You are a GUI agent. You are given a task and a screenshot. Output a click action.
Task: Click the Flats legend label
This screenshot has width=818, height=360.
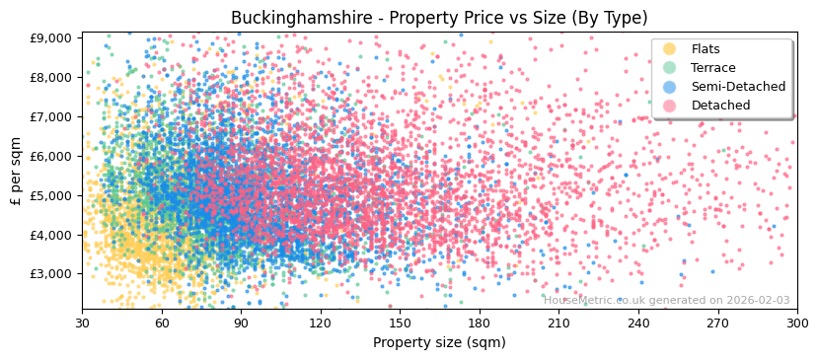point(706,49)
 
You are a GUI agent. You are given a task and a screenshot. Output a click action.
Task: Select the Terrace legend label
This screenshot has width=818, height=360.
point(712,68)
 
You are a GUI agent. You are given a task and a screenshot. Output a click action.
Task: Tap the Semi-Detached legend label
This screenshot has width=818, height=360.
point(738,87)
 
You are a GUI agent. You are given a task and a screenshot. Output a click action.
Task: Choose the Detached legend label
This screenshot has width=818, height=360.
point(720,106)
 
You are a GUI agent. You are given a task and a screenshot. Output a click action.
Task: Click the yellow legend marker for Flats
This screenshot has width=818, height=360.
point(670,49)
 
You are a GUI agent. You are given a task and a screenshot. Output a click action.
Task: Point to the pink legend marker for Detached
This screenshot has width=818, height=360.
point(670,106)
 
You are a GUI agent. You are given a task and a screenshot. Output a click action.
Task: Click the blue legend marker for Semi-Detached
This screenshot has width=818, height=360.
point(670,87)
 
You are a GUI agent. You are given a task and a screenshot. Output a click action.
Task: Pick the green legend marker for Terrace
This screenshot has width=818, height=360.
point(670,68)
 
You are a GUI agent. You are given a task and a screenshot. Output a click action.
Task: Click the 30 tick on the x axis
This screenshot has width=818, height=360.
point(82,323)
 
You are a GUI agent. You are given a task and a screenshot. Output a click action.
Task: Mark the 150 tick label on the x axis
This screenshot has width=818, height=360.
point(400,323)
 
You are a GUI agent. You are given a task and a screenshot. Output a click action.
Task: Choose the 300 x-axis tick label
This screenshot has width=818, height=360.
point(797,323)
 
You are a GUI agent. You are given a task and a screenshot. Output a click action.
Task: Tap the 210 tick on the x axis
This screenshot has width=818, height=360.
point(558,323)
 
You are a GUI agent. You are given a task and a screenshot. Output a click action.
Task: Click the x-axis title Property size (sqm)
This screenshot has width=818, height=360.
point(439,342)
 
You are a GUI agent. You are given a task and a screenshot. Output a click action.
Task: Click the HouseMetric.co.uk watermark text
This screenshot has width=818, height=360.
point(666,300)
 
